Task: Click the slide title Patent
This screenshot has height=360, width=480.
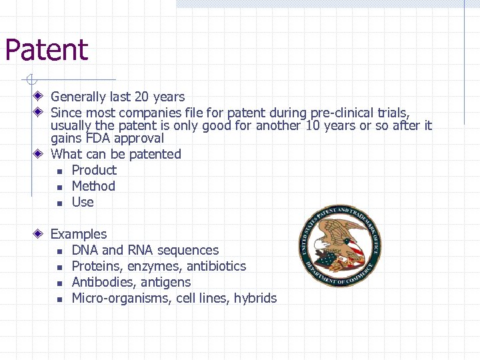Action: pos(46,50)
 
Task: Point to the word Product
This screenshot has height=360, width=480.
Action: pos(94,170)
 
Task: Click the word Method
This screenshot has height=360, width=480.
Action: pos(93,186)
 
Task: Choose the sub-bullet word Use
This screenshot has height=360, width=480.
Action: pos(83,202)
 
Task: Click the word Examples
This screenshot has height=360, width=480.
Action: pos(79,234)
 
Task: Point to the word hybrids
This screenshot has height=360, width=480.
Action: pos(255,298)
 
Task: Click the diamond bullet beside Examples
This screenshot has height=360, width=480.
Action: pos(40,234)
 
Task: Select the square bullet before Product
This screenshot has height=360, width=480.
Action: pos(59,171)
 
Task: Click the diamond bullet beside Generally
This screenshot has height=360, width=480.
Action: pos(40,97)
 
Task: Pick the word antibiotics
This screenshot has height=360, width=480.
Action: pos(216,266)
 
